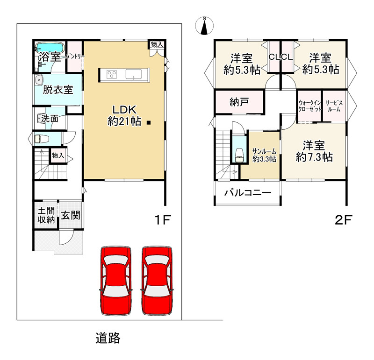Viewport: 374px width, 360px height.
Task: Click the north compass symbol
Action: (x=204, y=26)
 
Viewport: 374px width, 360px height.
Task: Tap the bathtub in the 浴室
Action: (x=50, y=47)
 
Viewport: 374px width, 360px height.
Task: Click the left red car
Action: (x=115, y=281)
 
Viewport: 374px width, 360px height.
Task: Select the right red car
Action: (x=157, y=281)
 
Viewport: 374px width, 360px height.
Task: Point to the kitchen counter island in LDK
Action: (x=124, y=75)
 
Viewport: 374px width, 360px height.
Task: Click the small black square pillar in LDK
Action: (x=149, y=123)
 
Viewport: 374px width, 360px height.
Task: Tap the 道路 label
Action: (x=108, y=338)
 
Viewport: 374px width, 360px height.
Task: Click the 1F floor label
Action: (x=162, y=219)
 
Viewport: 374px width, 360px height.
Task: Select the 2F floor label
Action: (x=343, y=219)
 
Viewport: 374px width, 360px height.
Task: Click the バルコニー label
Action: (x=248, y=192)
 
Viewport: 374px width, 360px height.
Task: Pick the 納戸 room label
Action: (x=239, y=102)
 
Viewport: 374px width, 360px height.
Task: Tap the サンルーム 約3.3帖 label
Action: (x=264, y=155)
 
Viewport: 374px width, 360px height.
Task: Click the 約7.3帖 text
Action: (x=314, y=157)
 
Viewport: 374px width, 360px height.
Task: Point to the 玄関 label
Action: (x=71, y=215)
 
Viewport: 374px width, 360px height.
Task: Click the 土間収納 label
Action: (x=46, y=215)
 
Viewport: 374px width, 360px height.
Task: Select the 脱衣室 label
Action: (x=58, y=90)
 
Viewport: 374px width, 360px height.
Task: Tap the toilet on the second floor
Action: (x=239, y=155)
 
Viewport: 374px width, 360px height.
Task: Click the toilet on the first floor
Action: (x=42, y=139)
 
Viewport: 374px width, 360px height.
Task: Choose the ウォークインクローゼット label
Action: (x=309, y=106)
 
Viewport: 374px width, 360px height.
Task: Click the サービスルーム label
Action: (x=334, y=106)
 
